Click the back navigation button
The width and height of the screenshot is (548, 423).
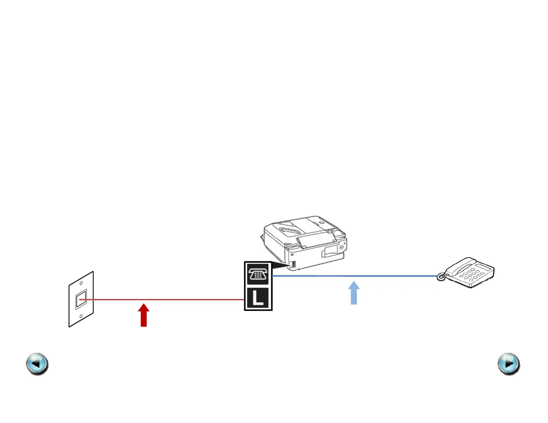point(37,364)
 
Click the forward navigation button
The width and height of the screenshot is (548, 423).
point(509,364)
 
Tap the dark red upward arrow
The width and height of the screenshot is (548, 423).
point(144,315)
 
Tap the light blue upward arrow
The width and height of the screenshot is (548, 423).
point(354,293)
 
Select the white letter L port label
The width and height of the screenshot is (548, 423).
point(258,298)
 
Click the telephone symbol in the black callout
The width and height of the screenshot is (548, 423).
point(258,274)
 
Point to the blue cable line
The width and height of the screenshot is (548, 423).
point(381,276)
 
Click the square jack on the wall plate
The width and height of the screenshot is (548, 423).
point(81,299)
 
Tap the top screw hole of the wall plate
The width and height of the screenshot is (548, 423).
point(81,283)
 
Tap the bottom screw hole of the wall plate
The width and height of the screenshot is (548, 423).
point(81,316)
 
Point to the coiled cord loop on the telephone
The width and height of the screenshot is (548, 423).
point(441,277)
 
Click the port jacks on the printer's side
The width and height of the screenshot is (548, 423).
point(293,265)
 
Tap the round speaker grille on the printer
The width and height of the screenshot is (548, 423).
point(341,248)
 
